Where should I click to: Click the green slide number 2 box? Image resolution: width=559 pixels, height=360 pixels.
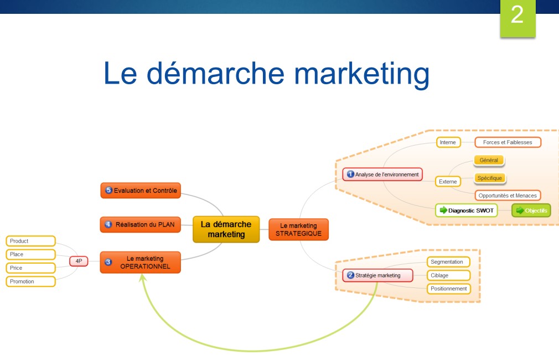pyautogui.click(x=517, y=17)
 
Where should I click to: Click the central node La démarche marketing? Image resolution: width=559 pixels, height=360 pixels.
pyautogui.click(x=226, y=229)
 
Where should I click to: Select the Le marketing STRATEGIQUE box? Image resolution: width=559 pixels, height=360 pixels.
pyautogui.click(x=298, y=229)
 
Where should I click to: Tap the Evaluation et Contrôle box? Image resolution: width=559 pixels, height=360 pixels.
pyautogui.click(x=141, y=191)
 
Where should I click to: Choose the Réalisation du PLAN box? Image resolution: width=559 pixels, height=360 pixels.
pyautogui.click(x=141, y=225)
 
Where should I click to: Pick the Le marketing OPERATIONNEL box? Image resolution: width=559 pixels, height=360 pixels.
pyautogui.click(x=141, y=262)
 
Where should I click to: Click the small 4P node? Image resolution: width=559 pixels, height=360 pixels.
pyautogui.click(x=79, y=261)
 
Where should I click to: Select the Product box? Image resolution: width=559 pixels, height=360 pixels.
pyautogui.click(x=31, y=241)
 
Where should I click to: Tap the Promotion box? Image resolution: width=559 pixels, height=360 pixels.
pyautogui.click(x=31, y=281)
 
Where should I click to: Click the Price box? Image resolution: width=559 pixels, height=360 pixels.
pyautogui.click(x=31, y=268)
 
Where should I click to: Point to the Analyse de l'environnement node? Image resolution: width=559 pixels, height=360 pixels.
pyautogui.click(x=382, y=174)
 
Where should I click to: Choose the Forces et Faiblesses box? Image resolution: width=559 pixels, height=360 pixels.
pyautogui.click(x=508, y=142)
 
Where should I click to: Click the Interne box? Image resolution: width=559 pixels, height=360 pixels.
pyautogui.click(x=448, y=142)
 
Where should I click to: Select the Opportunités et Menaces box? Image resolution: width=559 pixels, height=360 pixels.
pyautogui.click(x=508, y=196)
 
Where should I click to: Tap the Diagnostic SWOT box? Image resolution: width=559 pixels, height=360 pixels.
pyautogui.click(x=466, y=210)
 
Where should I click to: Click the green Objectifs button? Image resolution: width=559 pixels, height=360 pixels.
pyautogui.click(x=531, y=210)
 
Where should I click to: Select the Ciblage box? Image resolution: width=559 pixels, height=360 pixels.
pyautogui.click(x=448, y=275)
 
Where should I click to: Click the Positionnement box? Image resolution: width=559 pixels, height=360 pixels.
pyautogui.click(x=448, y=289)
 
